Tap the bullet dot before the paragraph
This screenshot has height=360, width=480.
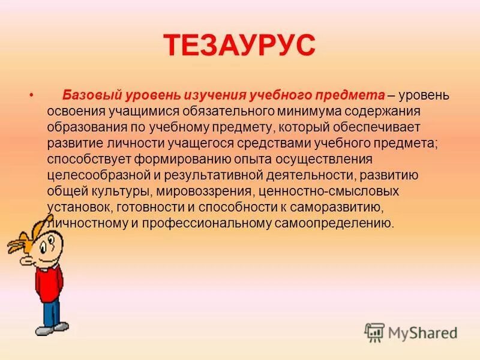[x=31, y=95]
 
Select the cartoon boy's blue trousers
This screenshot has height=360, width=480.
[x=51, y=312]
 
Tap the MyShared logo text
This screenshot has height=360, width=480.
[x=423, y=332]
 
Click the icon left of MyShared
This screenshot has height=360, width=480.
[x=374, y=332]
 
